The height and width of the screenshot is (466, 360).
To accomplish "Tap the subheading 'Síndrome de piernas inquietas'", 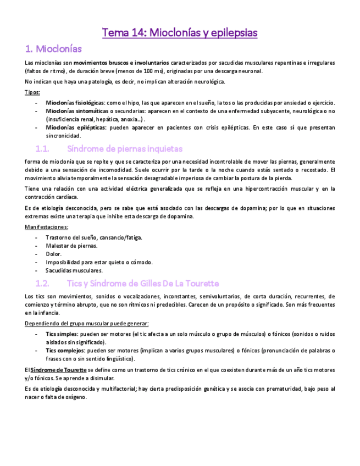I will pos(124,148).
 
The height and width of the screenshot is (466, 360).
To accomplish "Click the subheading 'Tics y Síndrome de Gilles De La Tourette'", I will pos(143,284).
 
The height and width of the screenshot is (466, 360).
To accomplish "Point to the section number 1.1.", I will pos(42,148).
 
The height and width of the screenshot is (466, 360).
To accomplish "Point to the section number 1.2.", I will pos(42,284).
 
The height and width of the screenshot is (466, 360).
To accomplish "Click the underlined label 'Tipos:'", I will pos(32,92).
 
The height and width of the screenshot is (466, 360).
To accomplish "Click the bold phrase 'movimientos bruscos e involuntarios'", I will pos(121,62).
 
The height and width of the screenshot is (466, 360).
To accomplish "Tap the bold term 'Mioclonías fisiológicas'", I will pos(75,102).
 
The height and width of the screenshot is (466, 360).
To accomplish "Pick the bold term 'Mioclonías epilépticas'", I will pos(74,127).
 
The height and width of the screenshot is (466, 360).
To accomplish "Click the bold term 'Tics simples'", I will pos(62,334).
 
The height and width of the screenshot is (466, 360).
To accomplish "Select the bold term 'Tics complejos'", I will pos(65,350).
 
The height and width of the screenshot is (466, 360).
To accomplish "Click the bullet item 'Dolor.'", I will pos(53,254).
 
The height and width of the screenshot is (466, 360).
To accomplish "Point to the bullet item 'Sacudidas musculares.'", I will pos(74,270).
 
